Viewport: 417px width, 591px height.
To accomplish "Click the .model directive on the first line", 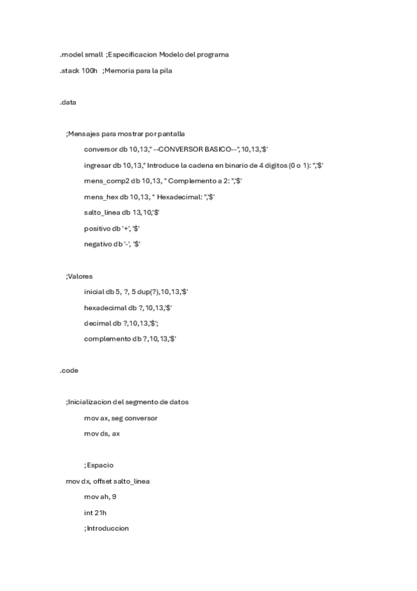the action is point(70,54).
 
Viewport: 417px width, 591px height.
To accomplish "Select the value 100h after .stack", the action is point(89,70).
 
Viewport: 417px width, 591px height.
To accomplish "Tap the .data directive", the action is point(68,102).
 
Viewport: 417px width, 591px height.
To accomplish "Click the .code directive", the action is point(69,371).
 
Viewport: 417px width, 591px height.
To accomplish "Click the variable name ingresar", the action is point(98,165).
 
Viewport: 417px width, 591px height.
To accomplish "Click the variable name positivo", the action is point(98,229).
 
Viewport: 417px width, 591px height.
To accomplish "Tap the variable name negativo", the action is point(100,244).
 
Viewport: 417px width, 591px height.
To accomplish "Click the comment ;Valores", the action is point(79,276).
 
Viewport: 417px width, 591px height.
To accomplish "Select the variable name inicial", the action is point(95,292).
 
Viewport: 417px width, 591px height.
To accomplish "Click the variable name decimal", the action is point(97,323).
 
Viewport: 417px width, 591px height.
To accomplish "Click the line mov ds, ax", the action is point(106,433).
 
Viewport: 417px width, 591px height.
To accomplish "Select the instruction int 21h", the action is point(95,512).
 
